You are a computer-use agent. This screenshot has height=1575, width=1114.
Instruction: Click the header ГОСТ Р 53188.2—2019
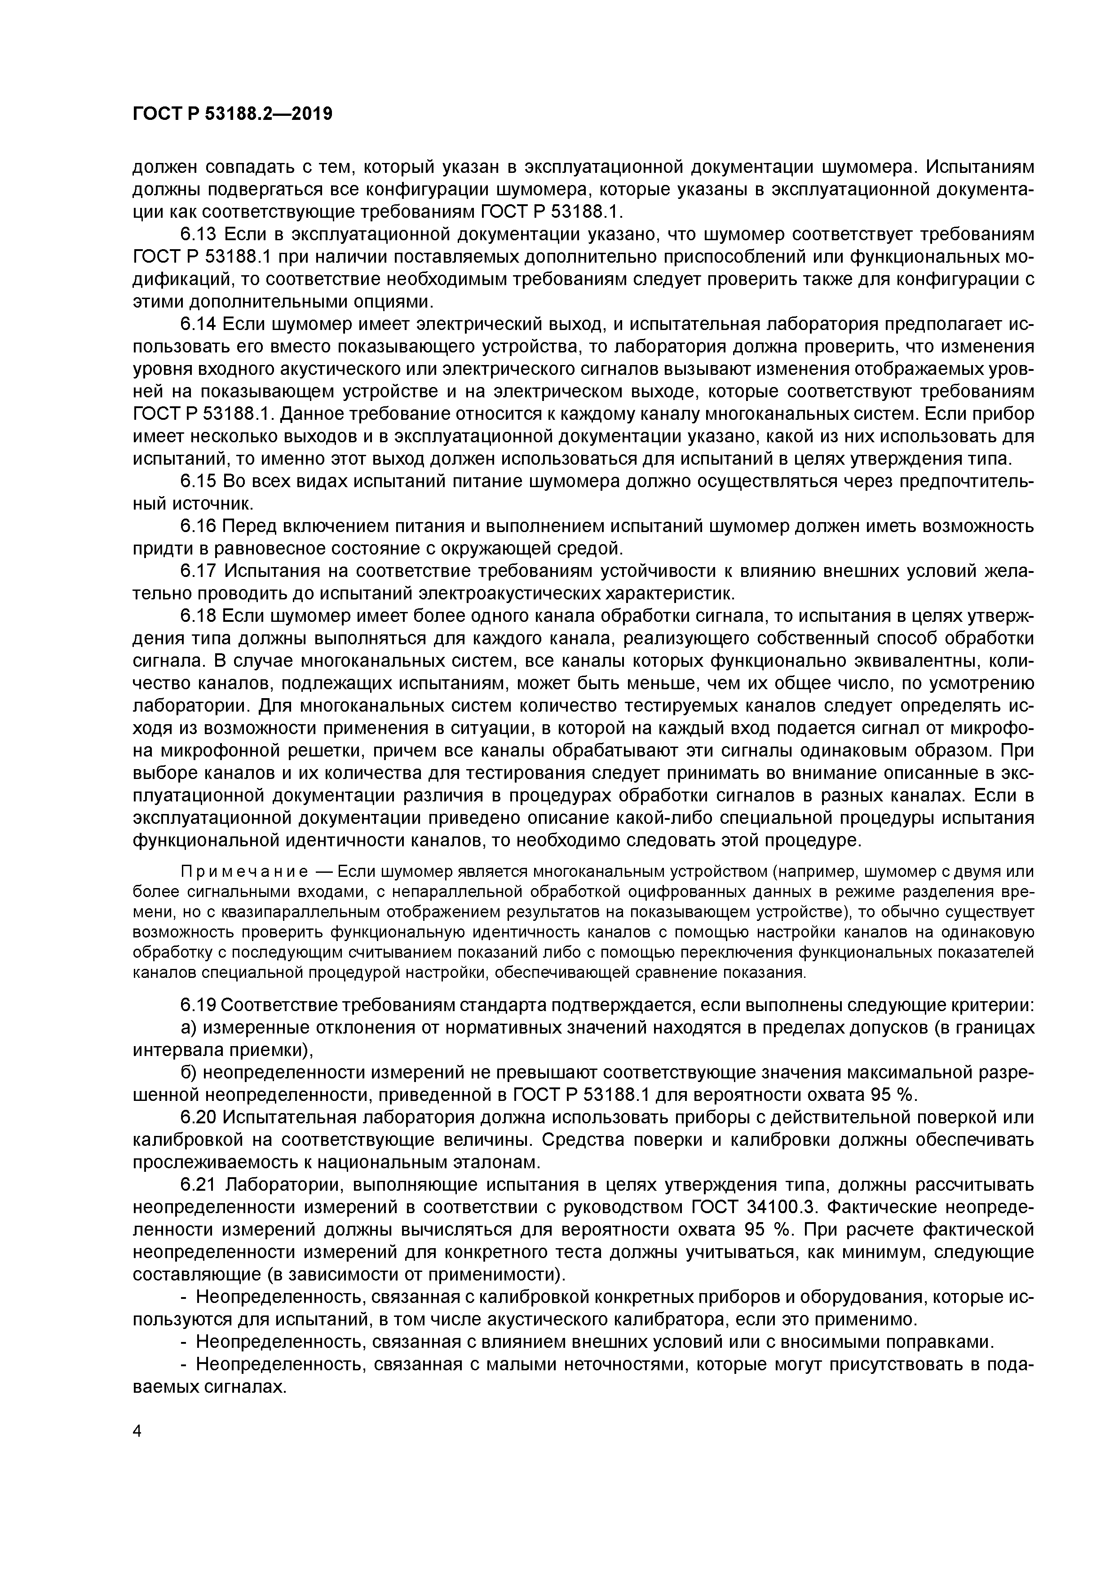pos(232,113)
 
